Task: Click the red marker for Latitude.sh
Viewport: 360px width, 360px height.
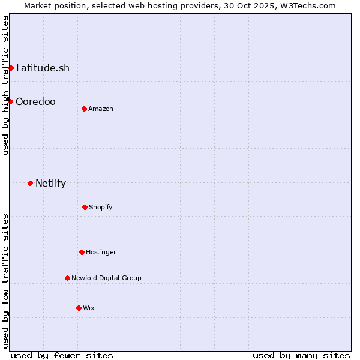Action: tap(11, 68)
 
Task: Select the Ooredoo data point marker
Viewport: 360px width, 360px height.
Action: tap(10, 101)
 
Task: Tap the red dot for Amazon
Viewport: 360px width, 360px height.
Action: tap(84, 109)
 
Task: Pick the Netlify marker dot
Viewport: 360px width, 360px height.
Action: tap(30, 183)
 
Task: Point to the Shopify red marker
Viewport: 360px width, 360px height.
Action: tap(85, 207)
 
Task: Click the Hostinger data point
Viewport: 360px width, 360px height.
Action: tap(82, 252)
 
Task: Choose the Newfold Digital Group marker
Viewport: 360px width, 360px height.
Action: tap(67, 278)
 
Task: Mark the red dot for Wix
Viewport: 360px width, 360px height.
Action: tap(79, 308)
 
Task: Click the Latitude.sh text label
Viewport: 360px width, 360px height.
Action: tap(43, 68)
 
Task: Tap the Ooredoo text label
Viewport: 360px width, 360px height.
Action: tap(35, 101)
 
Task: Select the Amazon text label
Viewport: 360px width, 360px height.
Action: tap(101, 109)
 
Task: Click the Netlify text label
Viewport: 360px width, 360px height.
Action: tap(50, 183)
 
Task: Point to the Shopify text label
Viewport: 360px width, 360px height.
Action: tap(101, 207)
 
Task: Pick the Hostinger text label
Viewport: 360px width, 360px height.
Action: tap(101, 252)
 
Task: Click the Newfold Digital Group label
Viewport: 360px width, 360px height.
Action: tap(106, 278)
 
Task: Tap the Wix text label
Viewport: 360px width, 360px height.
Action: tap(89, 308)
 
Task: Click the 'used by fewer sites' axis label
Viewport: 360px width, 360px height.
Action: tap(62, 355)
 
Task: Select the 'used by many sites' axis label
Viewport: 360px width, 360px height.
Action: tap(301, 355)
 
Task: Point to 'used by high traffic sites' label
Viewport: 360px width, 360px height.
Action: tap(5, 85)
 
